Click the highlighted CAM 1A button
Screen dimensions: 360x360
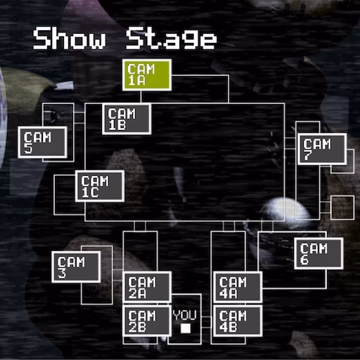[x=147, y=75]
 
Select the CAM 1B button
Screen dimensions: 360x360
[x=127, y=119]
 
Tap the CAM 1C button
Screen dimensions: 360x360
[x=100, y=186]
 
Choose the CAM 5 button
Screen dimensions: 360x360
[x=42, y=142]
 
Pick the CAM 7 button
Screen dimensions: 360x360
[x=322, y=149]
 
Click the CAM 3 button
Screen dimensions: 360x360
[x=76, y=267]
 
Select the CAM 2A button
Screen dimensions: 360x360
[x=147, y=287]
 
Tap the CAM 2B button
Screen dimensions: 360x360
[x=147, y=321]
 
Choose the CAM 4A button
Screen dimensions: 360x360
[x=238, y=287]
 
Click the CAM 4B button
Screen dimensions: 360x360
[x=238, y=321]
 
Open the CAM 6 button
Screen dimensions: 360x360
[x=319, y=253]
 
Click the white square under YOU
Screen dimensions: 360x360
[x=186, y=328]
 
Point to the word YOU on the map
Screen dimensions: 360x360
[x=185, y=315]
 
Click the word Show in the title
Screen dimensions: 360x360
[x=70, y=38]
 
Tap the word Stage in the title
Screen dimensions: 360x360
[x=172, y=38]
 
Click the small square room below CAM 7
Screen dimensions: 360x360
[x=342, y=207]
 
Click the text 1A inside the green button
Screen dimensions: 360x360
[x=136, y=80]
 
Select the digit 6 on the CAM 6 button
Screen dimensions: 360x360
[x=304, y=259]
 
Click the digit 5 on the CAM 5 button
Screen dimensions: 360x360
[x=28, y=148]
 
